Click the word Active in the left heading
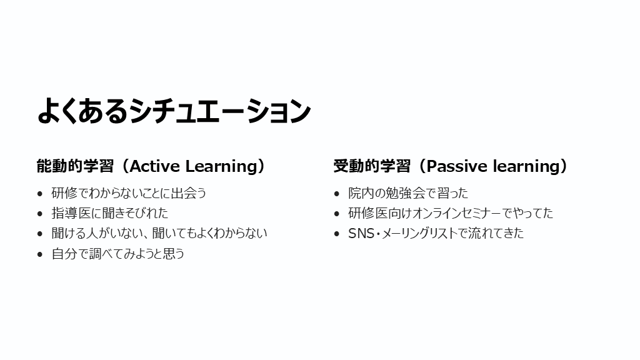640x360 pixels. coord(155,166)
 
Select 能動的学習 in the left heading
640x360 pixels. coord(75,166)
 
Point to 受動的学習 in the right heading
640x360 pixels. coord(372,166)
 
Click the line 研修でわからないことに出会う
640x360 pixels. coord(129,193)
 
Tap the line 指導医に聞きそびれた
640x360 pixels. coord(110,213)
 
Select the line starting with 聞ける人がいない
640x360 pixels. coord(159,233)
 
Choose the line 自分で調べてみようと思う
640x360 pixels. coord(118,254)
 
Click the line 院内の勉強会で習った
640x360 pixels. coord(408,193)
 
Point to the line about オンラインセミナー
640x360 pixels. coord(451,213)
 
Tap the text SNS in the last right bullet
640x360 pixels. coord(361,234)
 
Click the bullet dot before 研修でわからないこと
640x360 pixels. coord(39,194)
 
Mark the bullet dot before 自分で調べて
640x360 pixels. coord(39,254)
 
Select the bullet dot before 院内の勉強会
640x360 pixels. coord(336,194)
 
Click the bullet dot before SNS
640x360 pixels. coord(336,234)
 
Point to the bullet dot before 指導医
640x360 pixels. coord(39,214)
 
